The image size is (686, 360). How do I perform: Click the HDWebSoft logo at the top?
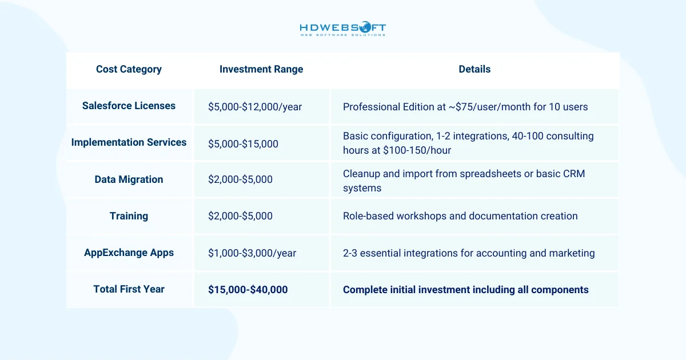343,29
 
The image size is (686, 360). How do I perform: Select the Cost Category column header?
129,69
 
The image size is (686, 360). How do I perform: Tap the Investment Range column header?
261,69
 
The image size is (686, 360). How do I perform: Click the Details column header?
474,69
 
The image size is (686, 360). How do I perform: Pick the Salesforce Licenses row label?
129,106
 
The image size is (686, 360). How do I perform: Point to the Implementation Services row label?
129,142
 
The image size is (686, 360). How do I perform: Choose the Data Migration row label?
129,179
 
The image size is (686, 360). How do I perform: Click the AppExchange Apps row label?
129,253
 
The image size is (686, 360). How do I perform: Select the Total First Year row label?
129,289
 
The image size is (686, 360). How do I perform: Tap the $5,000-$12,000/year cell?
255,107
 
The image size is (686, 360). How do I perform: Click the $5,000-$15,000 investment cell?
243,144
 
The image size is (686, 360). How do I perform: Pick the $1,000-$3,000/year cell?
252,253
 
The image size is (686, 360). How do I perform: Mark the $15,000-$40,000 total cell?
248,290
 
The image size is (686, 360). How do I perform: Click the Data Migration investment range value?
240,179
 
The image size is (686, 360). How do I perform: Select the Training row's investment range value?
240,216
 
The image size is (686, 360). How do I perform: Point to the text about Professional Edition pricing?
465,107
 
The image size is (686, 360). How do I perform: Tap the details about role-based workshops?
460,216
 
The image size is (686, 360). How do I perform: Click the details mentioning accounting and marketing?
469,253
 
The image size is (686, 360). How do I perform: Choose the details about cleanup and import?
464,181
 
